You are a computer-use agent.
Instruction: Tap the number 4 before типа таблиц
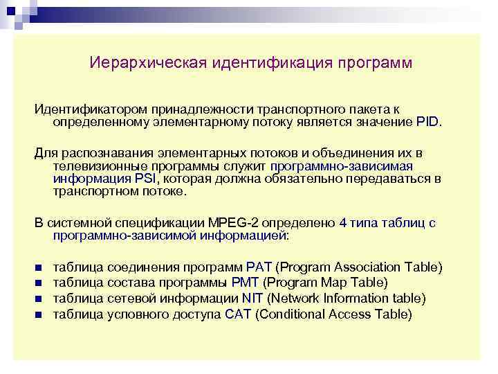click(x=344, y=224)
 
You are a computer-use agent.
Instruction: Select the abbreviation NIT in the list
click(x=252, y=299)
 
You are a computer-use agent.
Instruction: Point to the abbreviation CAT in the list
click(x=238, y=314)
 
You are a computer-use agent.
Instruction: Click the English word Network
click(x=292, y=299)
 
